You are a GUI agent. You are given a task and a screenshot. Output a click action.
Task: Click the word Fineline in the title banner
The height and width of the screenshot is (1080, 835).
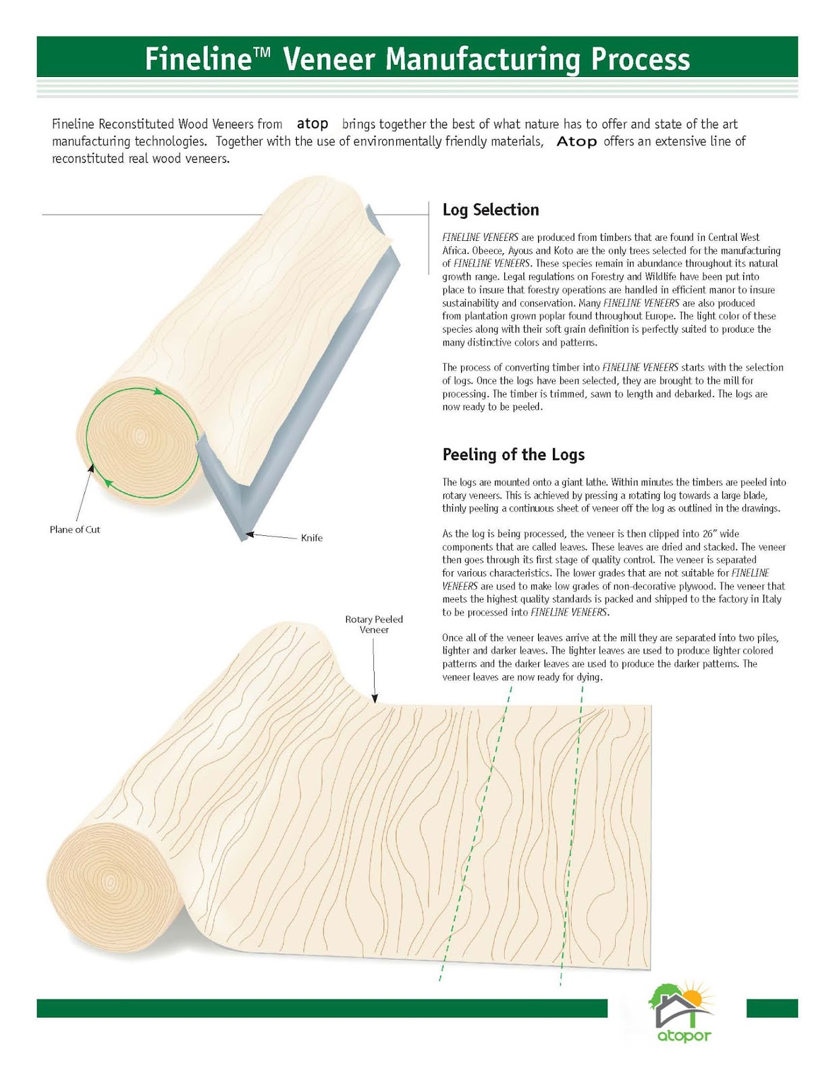pos(198,59)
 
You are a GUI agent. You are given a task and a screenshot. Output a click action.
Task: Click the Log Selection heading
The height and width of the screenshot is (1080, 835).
pos(491,210)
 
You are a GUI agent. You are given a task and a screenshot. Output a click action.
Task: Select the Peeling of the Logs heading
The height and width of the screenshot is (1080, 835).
pos(513,454)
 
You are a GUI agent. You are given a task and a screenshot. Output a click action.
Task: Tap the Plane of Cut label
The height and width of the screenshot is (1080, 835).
pos(75,530)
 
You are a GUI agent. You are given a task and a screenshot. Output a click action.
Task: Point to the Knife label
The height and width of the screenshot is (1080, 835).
pos(312,538)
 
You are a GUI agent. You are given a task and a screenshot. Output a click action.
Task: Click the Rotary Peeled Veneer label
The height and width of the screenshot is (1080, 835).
pos(374,624)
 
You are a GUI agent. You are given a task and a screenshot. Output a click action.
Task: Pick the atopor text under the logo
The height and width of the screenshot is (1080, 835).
pos(684,1035)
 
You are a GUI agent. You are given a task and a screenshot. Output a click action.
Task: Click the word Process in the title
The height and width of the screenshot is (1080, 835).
pos(641,59)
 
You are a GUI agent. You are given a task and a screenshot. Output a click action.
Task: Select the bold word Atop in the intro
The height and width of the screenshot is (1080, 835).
pos(576,142)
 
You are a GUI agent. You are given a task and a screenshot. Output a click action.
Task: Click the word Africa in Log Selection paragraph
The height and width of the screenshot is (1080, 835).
pos(454,250)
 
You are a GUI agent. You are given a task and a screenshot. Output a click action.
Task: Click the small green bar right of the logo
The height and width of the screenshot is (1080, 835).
pos(772,1008)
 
